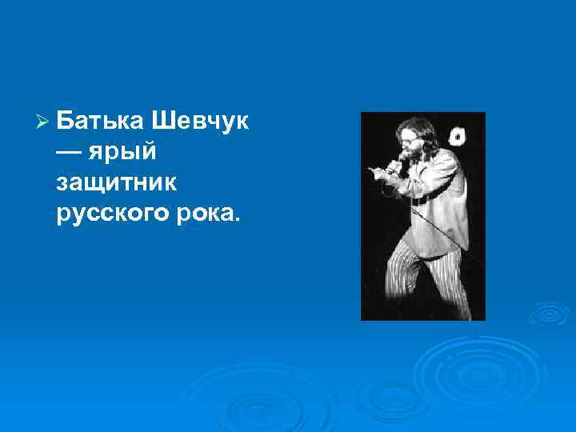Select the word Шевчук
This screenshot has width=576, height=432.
coord(199,123)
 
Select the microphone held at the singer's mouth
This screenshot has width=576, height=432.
coord(394,166)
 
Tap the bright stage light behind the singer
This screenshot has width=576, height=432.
coord(458,136)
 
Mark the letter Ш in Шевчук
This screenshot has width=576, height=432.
coord(158,123)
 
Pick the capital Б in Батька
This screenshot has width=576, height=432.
coord(66,123)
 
